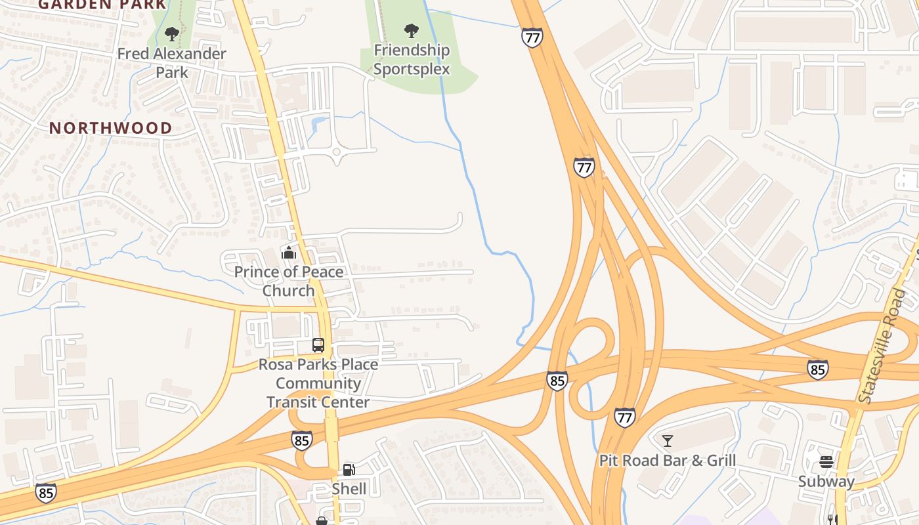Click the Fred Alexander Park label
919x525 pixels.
(172, 63)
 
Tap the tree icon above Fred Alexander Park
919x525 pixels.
(172, 33)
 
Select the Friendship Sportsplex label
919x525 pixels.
(412, 60)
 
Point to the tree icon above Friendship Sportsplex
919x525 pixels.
(412, 30)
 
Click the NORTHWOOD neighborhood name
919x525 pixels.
(111, 128)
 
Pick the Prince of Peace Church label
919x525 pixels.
(289, 281)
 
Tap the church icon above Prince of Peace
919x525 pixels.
(288, 252)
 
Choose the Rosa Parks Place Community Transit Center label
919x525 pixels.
(318, 383)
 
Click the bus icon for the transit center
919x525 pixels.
(318, 345)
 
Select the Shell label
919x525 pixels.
(349, 489)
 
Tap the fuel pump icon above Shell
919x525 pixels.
(349, 469)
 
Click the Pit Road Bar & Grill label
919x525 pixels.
(668, 461)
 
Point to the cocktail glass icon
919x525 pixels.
(668, 440)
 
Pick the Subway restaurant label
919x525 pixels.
(826, 482)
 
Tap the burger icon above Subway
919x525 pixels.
(826, 461)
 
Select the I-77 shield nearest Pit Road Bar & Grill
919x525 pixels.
(625, 417)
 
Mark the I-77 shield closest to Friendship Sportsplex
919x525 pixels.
(532, 37)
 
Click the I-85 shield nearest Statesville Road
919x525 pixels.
(817, 370)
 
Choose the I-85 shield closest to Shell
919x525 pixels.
(301, 440)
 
